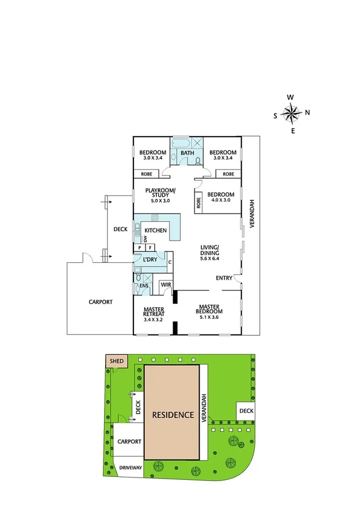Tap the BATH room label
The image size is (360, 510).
tap(188, 153)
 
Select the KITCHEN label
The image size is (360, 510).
tap(156, 231)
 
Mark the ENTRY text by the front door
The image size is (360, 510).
tap(225, 278)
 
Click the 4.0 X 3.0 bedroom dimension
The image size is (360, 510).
tap(221, 200)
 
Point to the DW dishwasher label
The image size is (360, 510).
tap(145, 239)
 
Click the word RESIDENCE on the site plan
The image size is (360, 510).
tap(172, 415)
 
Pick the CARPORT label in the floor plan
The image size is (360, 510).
tap(101, 302)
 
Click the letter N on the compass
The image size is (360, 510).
tap(307, 112)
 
